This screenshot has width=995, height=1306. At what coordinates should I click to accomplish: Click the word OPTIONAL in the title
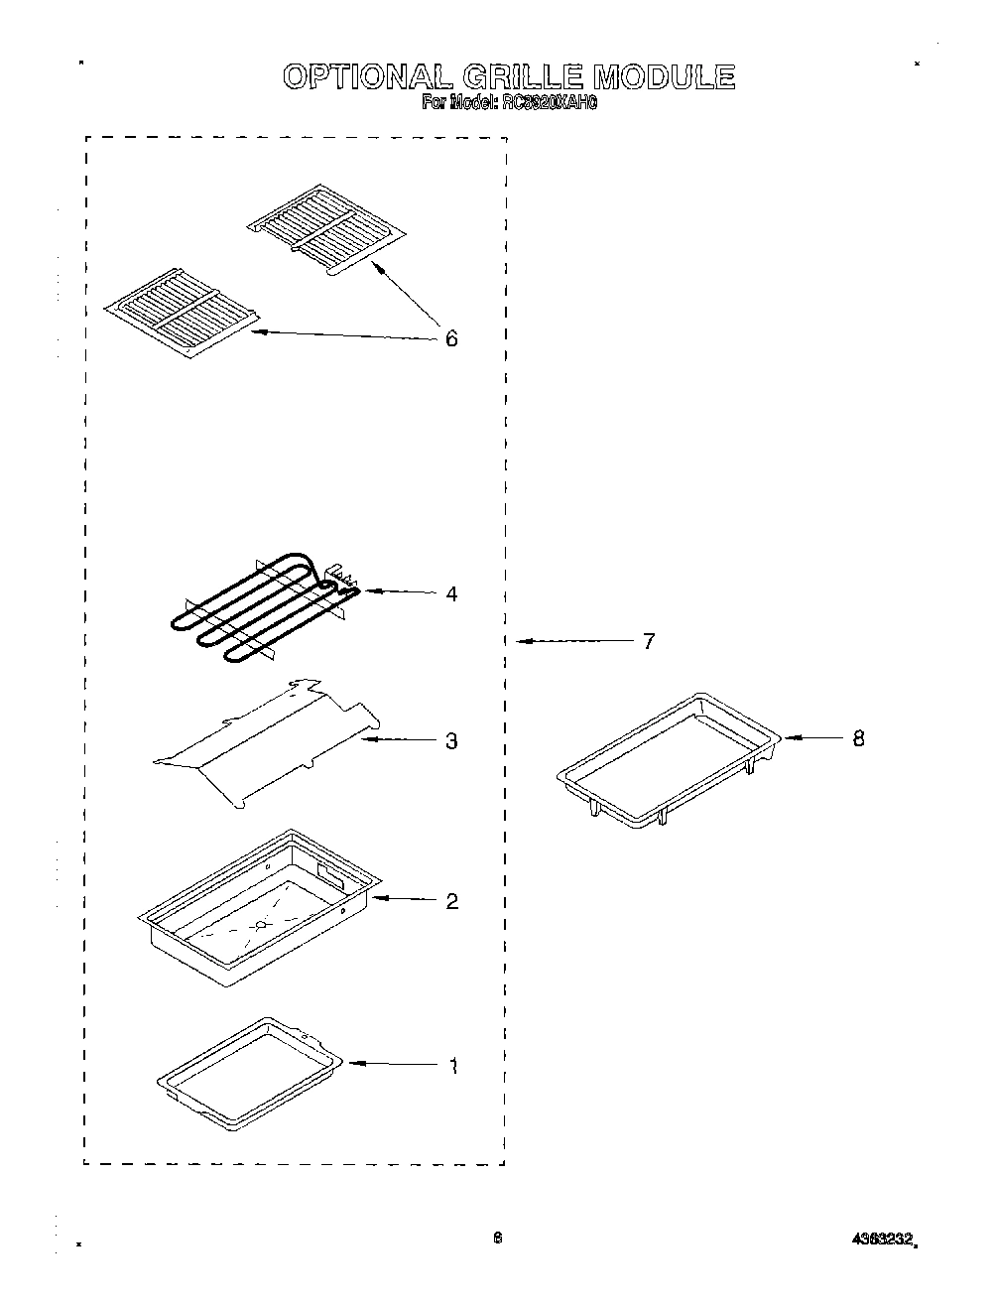(361, 77)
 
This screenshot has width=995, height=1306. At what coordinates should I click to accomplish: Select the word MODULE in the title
(664, 77)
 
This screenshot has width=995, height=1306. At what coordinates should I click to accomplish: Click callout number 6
(451, 339)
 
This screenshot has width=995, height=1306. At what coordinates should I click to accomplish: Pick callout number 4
(451, 594)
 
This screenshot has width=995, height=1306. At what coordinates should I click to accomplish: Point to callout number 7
(648, 642)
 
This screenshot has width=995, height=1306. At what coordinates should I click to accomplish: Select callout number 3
(451, 741)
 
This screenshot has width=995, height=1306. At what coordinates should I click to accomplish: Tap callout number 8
(858, 738)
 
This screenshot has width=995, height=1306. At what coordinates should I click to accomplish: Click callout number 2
(451, 901)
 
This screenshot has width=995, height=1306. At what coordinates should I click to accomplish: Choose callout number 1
(452, 1067)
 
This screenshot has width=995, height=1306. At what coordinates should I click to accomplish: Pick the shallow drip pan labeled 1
(249, 1073)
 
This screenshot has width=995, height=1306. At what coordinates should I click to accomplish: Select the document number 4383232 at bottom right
(882, 1240)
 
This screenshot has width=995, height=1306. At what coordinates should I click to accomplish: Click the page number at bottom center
(498, 1239)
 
